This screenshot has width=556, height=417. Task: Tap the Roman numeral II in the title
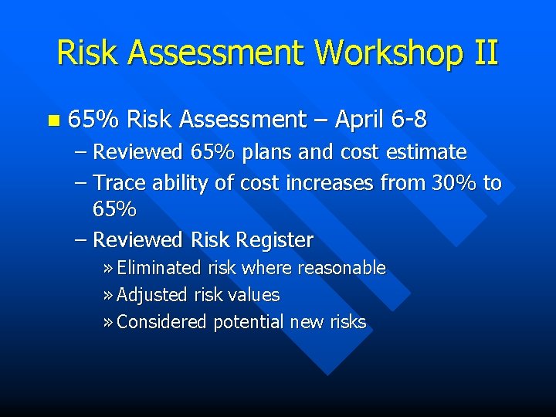pos(483,53)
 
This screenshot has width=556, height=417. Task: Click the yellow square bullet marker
pos(53,120)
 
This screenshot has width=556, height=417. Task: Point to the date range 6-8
pos(409,120)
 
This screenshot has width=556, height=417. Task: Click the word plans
pos(267,152)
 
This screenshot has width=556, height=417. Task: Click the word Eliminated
pos(160,268)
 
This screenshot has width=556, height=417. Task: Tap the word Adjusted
pos(152,295)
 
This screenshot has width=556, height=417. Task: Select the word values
pos(255,295)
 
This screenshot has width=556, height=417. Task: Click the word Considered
pos(161,322)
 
